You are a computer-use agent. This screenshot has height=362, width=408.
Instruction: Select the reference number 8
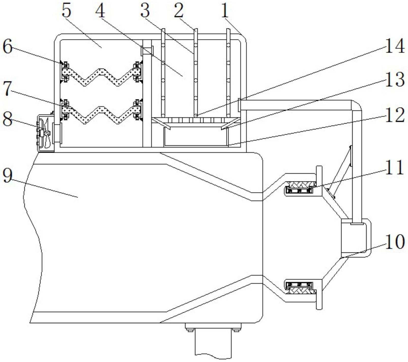7,118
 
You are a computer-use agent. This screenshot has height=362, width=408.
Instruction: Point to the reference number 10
395,242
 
